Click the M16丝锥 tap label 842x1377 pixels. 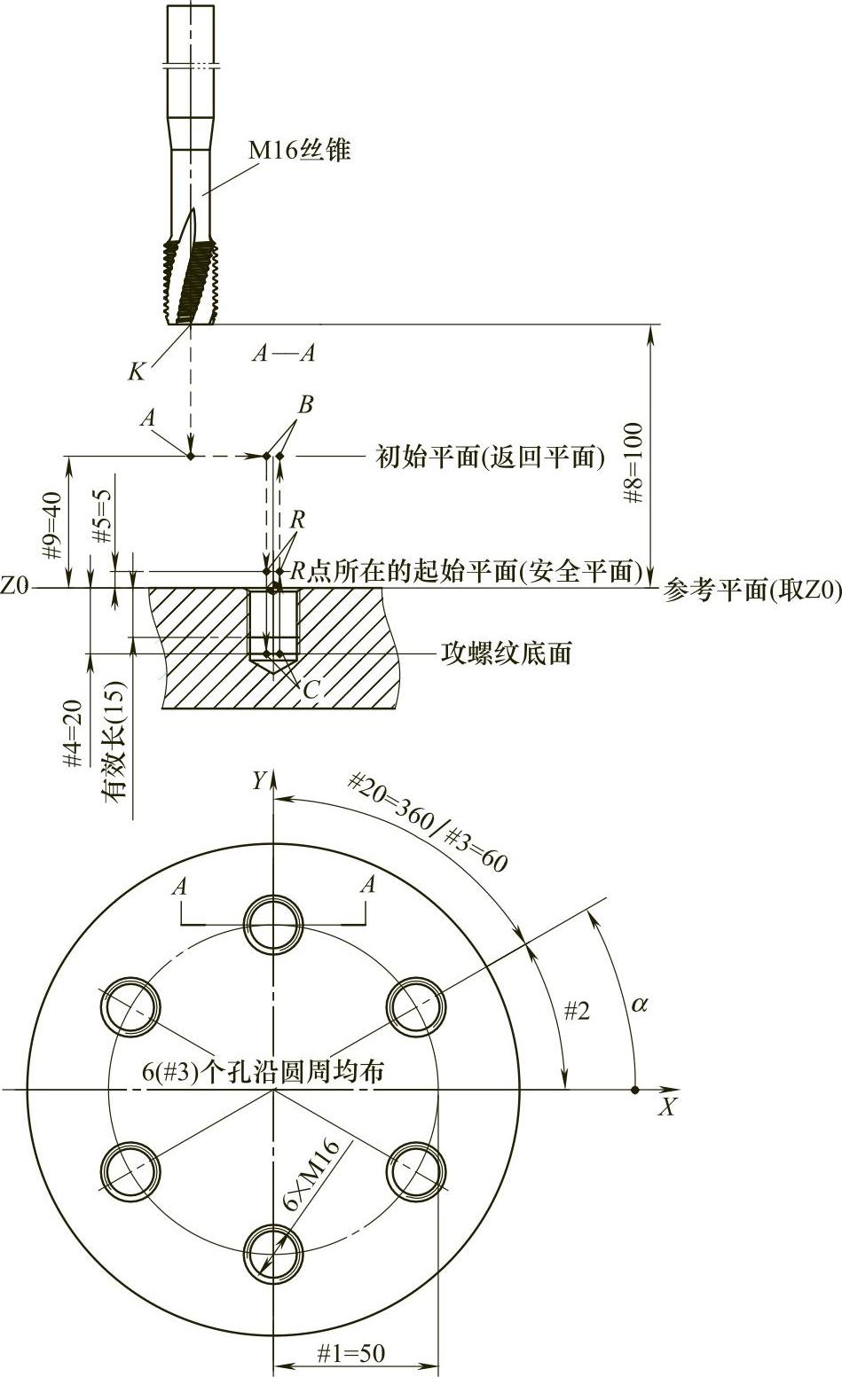(x=299, y=150)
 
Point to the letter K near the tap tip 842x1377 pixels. (x=136, y=372)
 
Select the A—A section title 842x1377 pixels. (x=283, y=353)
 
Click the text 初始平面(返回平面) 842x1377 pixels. (x=490, y=457)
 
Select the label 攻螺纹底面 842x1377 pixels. (x=506, y=653)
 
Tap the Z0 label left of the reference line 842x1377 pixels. (x=15, y=586)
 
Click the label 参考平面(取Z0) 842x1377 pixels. (x=751, y=591)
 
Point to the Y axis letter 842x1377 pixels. (x=258, y=780)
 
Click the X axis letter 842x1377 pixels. (x=667, y=1107)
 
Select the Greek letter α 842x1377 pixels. (x=639, y=1005)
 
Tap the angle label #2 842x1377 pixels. (x=577, y=1011)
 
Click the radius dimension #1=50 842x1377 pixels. (x=351, y=1353)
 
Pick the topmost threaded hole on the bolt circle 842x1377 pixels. (x=275, y=924)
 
